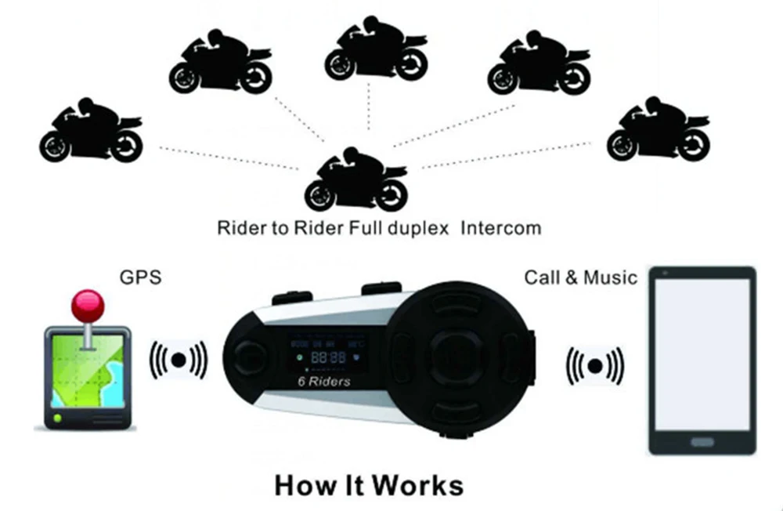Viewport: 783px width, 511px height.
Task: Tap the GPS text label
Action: [140, 277]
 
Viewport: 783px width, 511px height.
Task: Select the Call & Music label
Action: [580, 277]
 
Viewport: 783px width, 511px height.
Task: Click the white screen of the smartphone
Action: [702, 352]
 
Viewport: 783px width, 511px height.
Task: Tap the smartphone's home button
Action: [702, 442]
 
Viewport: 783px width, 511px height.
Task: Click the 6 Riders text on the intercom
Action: [323, 382]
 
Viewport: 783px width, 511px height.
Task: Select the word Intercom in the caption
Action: [500, 229]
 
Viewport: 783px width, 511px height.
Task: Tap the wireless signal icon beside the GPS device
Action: [179, 359]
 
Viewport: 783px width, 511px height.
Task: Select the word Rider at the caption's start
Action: [240, 229]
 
